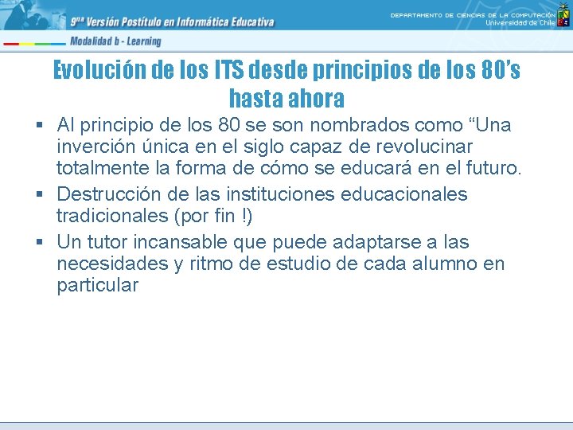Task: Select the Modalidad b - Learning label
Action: (x=115, y=41)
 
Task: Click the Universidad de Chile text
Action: (x=520, y=23)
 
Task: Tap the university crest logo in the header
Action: (x=563, y=15)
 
